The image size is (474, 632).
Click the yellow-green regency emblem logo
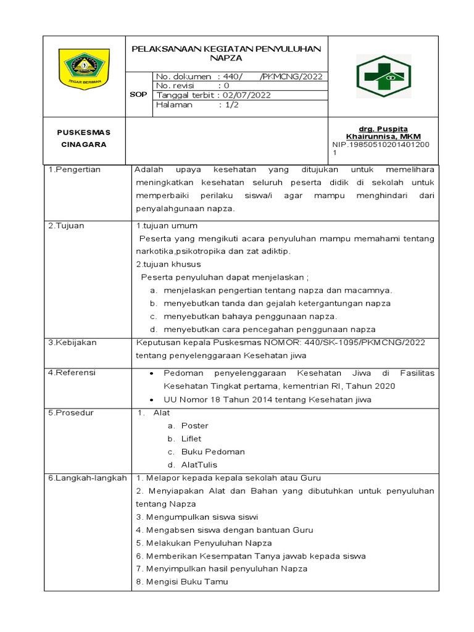point(84,70)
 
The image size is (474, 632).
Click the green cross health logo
point(383,76)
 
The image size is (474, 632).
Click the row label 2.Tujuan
point(67,225)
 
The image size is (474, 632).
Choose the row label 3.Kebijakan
point(73,343)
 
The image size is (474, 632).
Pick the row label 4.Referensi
point(73,373)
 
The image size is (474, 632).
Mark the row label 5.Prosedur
point(71,412)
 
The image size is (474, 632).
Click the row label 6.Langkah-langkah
point(87,478)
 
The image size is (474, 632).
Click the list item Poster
point(195,425)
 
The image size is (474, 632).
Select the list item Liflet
point(192,438)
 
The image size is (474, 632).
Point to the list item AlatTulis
point(199,465)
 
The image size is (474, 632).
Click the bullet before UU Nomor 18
point(152,399)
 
